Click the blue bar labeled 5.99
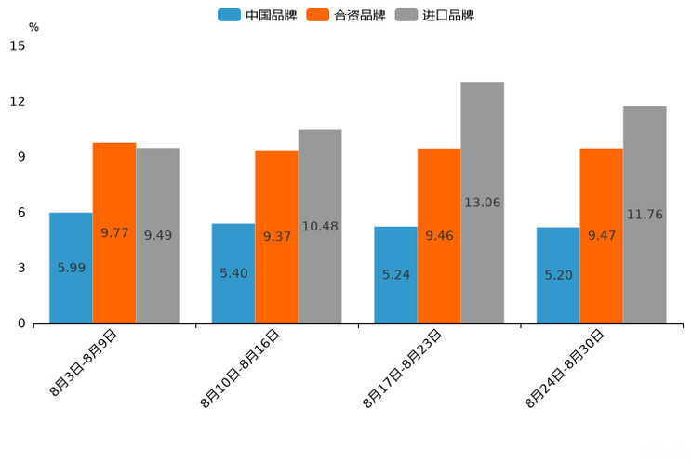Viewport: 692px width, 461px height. pyautogui.click(x=71, y=268)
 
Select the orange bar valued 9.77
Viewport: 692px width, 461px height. pyautogui.click(x=114, y=232)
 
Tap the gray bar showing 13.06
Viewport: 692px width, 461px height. pyautogui.click(x=482, y=203)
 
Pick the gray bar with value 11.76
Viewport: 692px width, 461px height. pyautogui.click(x=645, y=215)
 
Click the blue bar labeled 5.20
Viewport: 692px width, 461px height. pyautogui.click(x=558, y=275)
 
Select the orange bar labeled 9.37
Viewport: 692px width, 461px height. pyautogui.click(x=276, y=236)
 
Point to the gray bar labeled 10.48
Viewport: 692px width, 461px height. pyautogui.click(x=320, y=226)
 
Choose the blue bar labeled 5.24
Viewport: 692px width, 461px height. pyautogui.click(x=395, y=274)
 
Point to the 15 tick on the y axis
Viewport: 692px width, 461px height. pyautogui.click(x=18, y=46)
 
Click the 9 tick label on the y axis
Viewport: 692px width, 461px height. pyautogui.click(x=21, y=157)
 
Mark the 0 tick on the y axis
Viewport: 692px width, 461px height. pyautogui.click(x=21, y=323)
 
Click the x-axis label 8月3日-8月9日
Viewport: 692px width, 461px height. pyautogui.click(x=83, y=363)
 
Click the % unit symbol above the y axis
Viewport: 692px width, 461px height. pyautogui.click(x=33, y=27)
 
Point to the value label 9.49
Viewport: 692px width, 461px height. pyautogui.click(x=158, y=235)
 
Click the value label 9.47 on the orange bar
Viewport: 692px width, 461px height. pyautogui.click(x=602, y=235)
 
